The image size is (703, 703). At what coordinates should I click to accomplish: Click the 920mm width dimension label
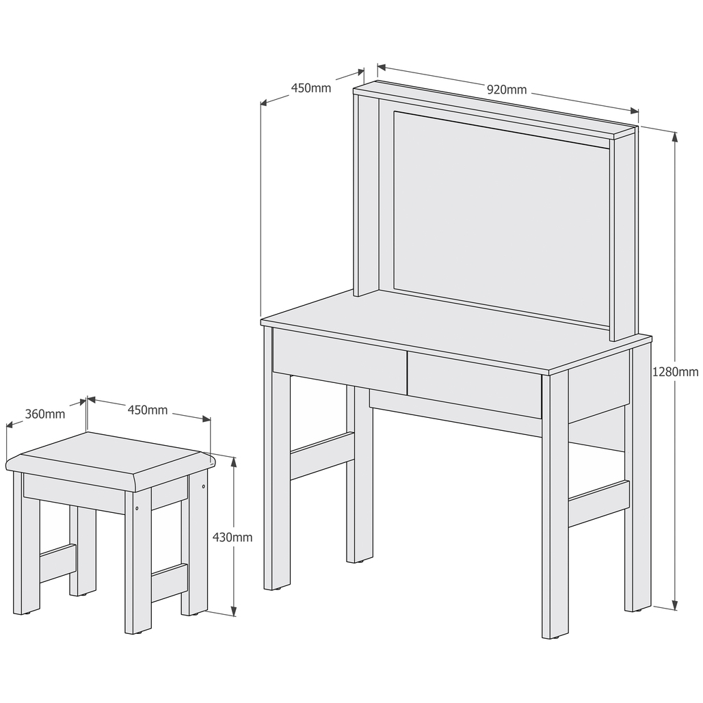click(x=507, y=90)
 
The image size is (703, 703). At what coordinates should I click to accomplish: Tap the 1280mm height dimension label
click(x=675, y=372)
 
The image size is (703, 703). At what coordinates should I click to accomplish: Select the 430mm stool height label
click(x=233, y=537)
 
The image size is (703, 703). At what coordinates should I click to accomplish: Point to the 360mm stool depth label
click(x=45, y=414)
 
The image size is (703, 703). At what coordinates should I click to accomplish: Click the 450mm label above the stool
click(x=148, y=410)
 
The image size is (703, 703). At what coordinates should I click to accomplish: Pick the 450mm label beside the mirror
click(x=311, y=88)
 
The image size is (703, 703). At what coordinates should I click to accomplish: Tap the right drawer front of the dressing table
click(x=475, y=385)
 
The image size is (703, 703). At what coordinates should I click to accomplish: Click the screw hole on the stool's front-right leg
click(x=137, y=509)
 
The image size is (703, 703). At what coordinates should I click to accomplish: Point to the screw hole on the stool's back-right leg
click(x=204, y=486)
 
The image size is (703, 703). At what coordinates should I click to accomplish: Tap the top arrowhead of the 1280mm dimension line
click(x=674, y=137)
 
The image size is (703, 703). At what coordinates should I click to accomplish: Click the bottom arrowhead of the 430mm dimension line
click(x=233, y=611)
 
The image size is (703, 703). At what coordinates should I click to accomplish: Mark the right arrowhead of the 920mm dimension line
click(x=635, y=111)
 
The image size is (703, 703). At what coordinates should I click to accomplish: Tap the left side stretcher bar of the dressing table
click(x=322, y=455)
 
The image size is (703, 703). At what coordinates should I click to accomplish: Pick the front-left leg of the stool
click(x=137, y=561)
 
